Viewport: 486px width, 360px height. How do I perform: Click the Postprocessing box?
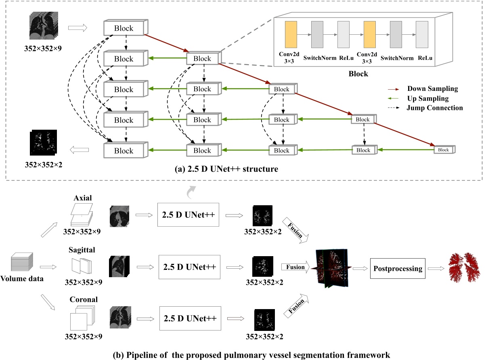398,268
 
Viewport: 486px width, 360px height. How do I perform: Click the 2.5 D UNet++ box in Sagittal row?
189,267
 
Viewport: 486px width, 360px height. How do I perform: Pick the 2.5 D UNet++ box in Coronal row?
189,317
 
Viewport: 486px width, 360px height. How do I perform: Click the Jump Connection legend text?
435,108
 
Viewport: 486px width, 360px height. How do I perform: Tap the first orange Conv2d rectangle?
291,38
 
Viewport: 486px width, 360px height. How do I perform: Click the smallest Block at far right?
444,149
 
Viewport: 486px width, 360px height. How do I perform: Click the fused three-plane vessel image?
333,267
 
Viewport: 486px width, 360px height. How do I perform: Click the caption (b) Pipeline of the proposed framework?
243,355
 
